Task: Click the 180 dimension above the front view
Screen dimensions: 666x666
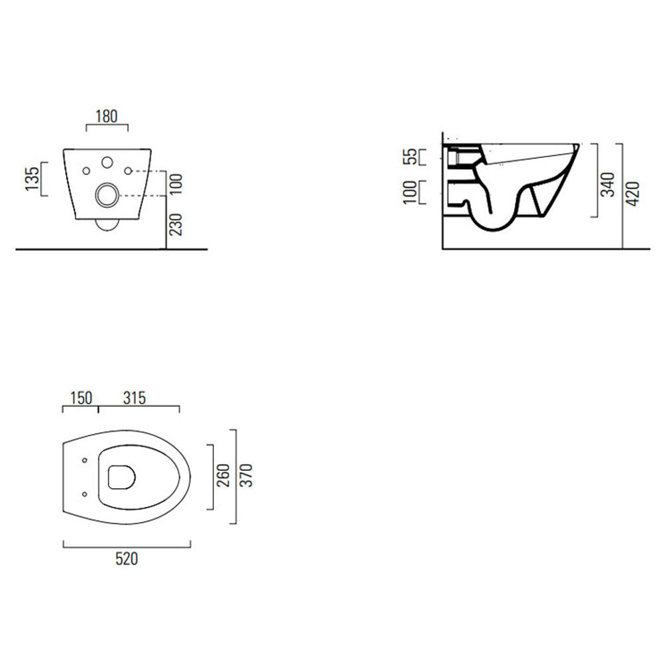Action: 107,116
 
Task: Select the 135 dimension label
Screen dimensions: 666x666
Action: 31,179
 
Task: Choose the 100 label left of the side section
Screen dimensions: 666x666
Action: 411,192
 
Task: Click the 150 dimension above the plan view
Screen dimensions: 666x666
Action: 80,398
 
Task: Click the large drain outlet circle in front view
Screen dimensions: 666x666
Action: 107,195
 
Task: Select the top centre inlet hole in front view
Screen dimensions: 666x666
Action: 107,162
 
